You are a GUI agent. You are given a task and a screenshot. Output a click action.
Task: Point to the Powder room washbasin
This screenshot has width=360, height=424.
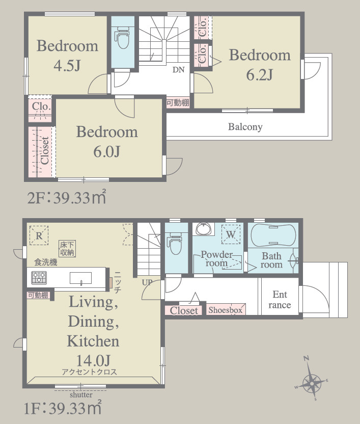point(204,229)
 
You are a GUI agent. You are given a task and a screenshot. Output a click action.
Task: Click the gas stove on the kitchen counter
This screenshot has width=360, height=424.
point(39,278)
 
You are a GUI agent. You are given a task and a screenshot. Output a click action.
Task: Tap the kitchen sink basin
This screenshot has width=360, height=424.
point(80,278)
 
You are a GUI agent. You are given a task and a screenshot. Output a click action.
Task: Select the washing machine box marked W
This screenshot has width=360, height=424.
point(231,234)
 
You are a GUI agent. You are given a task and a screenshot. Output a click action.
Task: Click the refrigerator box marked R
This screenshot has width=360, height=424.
point(39,235)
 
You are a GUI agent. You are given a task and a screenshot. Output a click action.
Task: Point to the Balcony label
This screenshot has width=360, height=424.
point(245,127)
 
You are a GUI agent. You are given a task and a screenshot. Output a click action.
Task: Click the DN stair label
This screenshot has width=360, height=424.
point(178,70)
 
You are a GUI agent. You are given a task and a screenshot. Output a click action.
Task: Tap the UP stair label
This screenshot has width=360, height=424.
point(147,282)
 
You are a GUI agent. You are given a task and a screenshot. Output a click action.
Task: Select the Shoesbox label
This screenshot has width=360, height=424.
point(225,310)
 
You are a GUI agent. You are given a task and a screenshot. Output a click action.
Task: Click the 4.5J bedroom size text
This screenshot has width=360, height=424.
point(67,65)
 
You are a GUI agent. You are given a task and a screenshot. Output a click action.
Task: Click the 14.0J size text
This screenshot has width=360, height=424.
point(93,360)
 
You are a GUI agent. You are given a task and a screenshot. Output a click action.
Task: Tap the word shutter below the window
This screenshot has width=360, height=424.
point(81,395)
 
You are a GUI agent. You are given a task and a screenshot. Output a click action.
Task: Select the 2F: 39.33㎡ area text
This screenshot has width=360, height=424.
point(67,197)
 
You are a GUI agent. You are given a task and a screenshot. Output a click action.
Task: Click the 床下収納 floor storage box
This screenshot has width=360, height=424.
point(67,249)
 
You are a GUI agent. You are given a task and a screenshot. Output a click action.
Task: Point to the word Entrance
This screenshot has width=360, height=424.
point(280,300)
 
